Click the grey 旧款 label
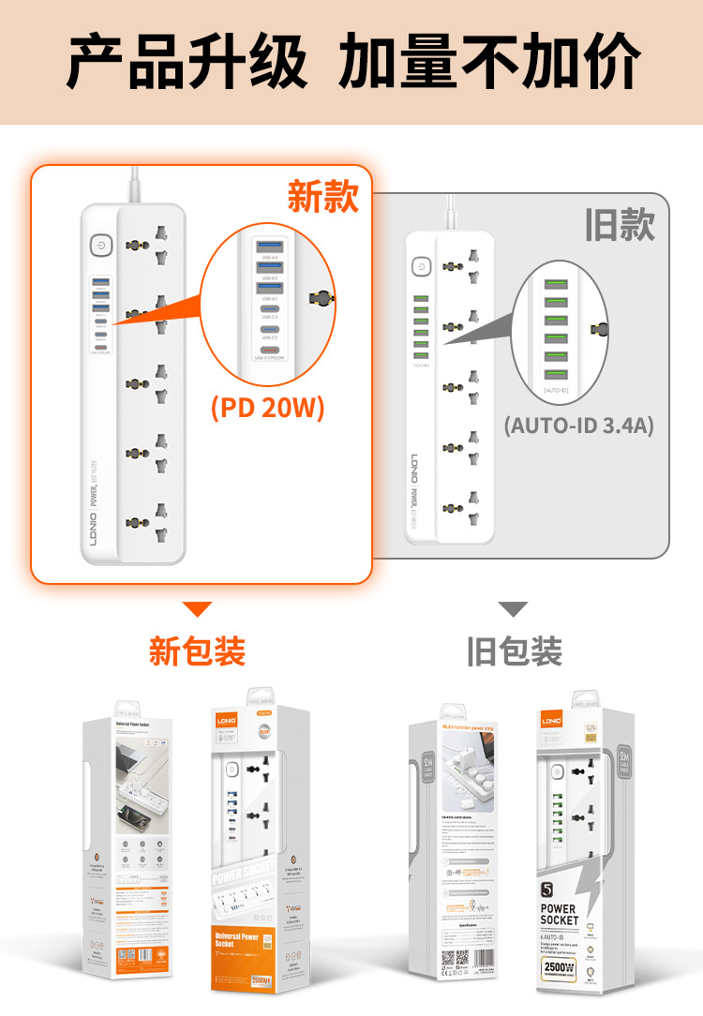pyautogui.click(x=619, y=225)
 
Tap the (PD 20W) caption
pyautogui.click(x=267, y=410)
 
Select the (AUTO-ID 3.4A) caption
pyautogui.click(x=577, y=425)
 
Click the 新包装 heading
pyautogui.click(x=197, y=650)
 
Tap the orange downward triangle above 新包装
pyautogui.click(x=197, y=609)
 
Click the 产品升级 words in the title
pyautogui.click(x=187, y=62)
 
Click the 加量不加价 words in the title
pyautogui.click(x=489, y=62)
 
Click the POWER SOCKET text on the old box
pyautogui.click(x=559, y=915)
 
